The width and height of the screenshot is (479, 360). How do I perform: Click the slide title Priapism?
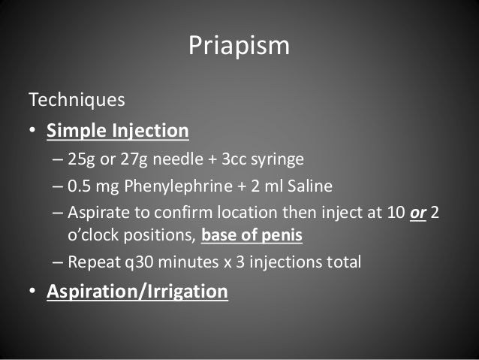[x=239, y=46]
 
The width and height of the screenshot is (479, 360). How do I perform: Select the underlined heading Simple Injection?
[x=118, y=132]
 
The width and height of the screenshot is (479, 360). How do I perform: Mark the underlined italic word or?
[x=417, y=213]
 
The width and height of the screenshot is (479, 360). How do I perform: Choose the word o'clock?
[x=95, y=236]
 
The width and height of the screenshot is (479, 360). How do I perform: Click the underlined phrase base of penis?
[x=252, y=236]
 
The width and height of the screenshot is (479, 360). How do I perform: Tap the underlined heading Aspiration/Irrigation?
[x=137, y=291]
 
